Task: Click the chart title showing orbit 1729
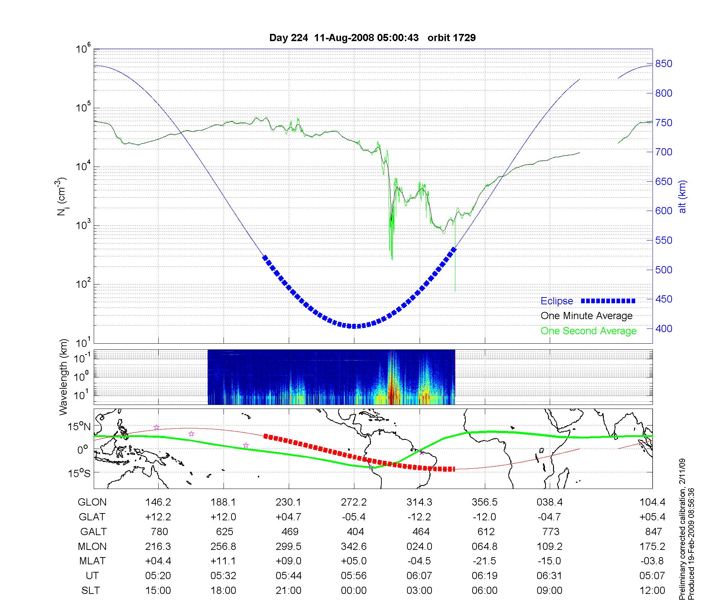pos(372,38)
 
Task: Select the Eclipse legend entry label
pos(557,301)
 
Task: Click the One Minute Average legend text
pos(587,316)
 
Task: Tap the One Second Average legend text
pos(588,331)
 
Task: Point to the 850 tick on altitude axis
pos(664,64)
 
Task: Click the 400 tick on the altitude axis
pos(664,328)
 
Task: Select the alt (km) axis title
pos(682,197)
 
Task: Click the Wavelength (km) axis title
pos(63,377)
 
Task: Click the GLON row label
pos(92,502)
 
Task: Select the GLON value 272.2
pos(354,502)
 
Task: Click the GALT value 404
pos(355,532)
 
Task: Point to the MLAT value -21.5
pos(484,561)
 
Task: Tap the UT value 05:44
pos(288,576)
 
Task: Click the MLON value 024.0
pos(419,547)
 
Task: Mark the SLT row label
pos(90,591)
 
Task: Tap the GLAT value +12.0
pos(223,517)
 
